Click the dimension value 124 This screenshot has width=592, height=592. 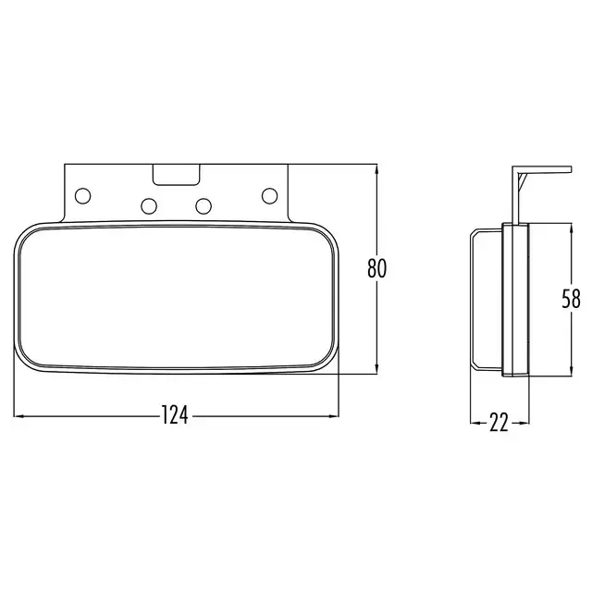click(x=175, y=415)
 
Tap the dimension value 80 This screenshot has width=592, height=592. click(x=376, y=268)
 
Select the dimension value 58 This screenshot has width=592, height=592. click(x=571, y=299)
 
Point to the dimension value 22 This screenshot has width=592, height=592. click(x=499, y=422)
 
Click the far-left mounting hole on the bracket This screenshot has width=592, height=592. click(x=83, y=195)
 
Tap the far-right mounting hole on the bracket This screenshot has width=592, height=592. click(x=269, y=195)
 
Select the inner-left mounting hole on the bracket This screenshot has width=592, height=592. click(x=149, y=205)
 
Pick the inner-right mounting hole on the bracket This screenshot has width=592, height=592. click(x=203, y=205)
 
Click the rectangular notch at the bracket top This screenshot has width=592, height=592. click(x=177, y=175)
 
